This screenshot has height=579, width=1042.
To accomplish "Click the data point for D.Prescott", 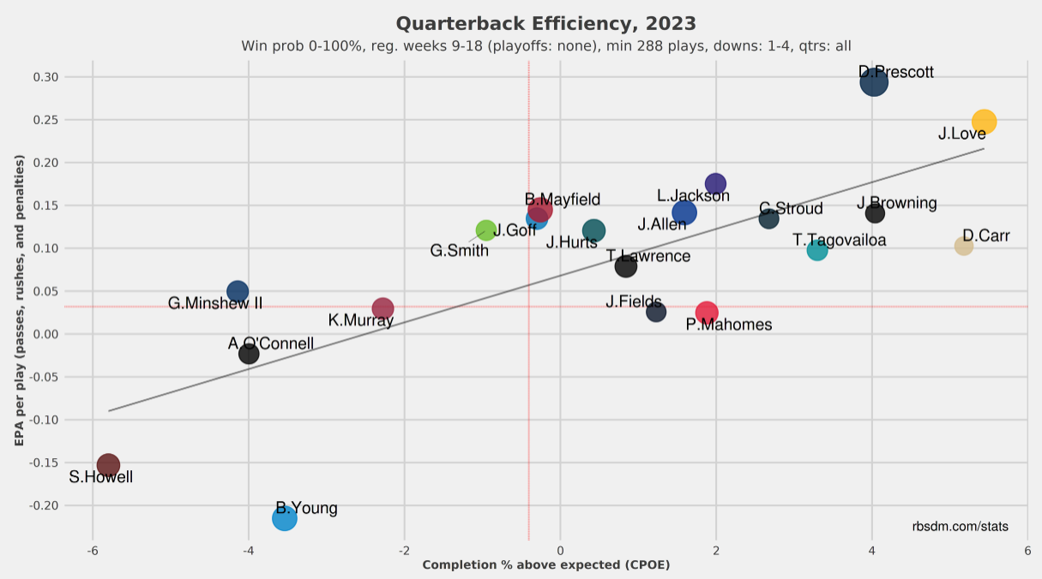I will [x=874, y=82].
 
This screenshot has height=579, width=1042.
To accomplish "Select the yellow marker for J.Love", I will [x=984, y=122].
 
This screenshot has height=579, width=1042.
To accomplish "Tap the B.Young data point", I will [x=285, y=518].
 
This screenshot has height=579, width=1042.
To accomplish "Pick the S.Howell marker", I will [x=108, y=465].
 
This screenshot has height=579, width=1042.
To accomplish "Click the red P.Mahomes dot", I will [x=707, y=313].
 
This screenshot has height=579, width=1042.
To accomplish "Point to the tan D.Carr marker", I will [x=964, y=246].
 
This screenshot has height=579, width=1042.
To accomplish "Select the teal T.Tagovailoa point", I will [x=817, y=250].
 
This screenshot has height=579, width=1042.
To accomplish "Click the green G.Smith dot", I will [x=485, y=230].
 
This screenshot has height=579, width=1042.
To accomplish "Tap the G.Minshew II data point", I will [x=238, y=291].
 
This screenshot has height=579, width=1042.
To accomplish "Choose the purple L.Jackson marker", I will [x=715, y=183].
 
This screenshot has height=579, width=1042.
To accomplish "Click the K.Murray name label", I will [x=360, y=321].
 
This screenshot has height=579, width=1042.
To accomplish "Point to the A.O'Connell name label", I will [x=271, y=344].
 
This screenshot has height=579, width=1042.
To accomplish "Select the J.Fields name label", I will [x=633, y=302].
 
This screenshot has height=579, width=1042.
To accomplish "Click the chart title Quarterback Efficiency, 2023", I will [x=545, y=23].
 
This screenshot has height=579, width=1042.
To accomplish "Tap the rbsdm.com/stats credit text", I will [x=961, y=526].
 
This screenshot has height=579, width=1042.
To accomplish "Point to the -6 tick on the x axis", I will [x=90, y=549].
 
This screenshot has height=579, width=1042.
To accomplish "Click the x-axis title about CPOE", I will [x=545, y=565].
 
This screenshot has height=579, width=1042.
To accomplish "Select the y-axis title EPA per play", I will [x=19, y=301].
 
